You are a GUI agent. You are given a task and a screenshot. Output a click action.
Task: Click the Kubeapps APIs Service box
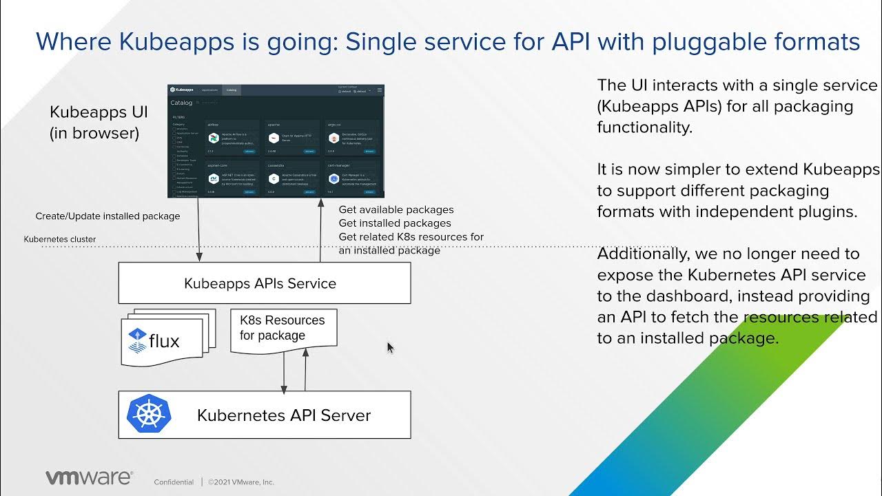coord(264,283)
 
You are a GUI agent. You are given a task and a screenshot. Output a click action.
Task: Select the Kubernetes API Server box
coord(264,415)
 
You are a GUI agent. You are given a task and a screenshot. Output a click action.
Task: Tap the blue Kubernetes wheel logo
coord(149,415)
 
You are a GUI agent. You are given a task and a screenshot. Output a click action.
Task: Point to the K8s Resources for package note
coord(283,329)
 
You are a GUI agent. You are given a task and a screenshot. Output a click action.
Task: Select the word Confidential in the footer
coord(174,482)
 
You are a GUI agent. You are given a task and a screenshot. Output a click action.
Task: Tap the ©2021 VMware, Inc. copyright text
coord(241,482)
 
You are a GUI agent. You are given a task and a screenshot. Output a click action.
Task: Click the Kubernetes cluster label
coord(60,240)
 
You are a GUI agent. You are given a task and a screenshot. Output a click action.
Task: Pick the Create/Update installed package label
coord(107,216)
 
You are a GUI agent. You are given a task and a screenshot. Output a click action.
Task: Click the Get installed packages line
coord(395,223)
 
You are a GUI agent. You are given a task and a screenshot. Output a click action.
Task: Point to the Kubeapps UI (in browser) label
coord(99,122)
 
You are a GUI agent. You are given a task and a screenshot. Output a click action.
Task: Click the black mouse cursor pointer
coord(390,348)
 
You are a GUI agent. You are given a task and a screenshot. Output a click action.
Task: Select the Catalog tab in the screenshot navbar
coord(232,90)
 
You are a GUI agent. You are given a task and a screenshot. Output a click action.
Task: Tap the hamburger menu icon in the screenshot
coord(379,90)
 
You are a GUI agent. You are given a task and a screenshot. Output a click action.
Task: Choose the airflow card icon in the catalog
coord(213,138)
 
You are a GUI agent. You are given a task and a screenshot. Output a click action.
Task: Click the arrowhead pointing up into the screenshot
coord(320,203)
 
